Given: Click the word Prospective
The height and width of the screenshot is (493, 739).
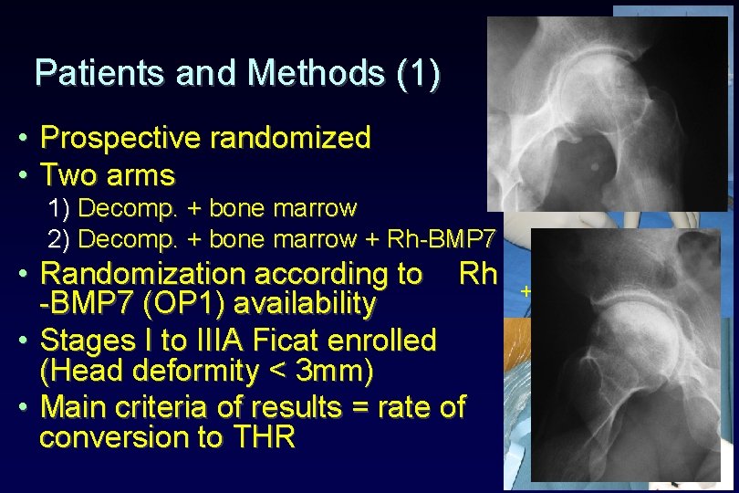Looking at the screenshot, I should [121, 139].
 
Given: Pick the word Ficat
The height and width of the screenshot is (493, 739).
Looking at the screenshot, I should [286, 341].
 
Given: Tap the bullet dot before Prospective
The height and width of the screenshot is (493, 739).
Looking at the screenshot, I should [20, 140].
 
